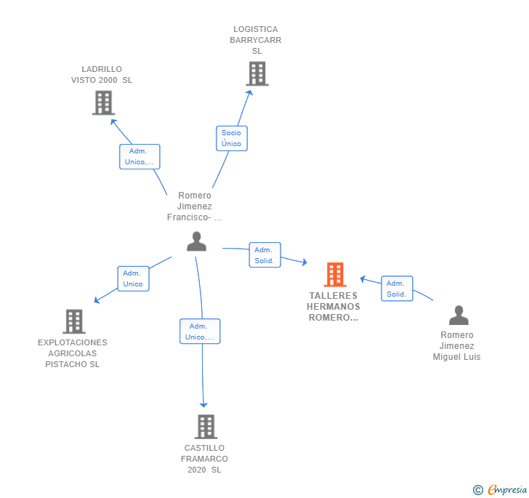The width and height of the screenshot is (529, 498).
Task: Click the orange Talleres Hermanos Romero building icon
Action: (x=335, y=275)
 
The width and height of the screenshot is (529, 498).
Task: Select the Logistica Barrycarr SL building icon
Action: (x=257, y=73)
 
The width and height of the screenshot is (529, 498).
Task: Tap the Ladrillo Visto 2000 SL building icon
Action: (x=104, y=103)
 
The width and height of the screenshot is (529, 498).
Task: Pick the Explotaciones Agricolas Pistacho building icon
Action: (x=74, y=321)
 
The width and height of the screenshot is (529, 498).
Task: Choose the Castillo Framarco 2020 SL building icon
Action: (x=206, y=427)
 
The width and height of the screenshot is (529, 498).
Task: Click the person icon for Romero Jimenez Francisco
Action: (x=196, y=241)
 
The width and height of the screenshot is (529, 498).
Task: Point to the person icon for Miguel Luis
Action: (x=459, y=316)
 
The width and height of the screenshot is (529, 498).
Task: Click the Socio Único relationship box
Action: (x=231, y=138)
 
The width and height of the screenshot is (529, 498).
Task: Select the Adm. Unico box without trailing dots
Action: (x=133, y=278)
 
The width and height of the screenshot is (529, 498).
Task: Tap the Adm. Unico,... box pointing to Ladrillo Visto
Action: (x=140, y=156)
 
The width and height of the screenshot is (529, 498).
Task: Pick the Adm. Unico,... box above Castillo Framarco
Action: (x=200, y=332)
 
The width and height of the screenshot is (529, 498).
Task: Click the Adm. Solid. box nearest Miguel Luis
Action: (x=397, y=289)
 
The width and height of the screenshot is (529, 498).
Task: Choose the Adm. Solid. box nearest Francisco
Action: (x=264, y=255)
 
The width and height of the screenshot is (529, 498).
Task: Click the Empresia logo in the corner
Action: (x=500, y=490)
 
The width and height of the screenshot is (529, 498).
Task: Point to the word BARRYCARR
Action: (x=255, y=40)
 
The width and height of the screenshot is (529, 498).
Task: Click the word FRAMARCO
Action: (x=204, y=459)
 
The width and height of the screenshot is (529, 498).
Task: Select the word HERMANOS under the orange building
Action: (x=334, y=307)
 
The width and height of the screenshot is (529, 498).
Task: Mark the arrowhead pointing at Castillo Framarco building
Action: (x=203, y=405)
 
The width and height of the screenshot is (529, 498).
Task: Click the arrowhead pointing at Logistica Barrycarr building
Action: (x=249, y=93)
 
